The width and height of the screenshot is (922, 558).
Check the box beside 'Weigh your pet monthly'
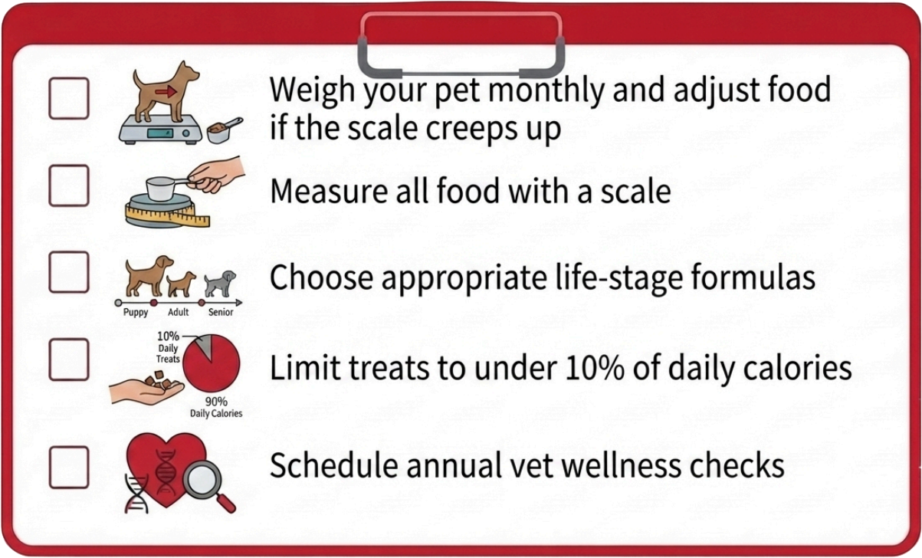[69, 98]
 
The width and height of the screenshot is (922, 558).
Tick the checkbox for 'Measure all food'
[69, 185]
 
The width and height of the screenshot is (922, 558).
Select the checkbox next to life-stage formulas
[69, 272]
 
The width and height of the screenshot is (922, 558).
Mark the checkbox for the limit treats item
[69, 359]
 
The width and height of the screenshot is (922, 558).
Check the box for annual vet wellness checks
[69, 468]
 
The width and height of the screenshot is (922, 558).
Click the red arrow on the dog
[166, 92]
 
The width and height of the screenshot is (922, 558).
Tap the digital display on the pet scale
[160, 133]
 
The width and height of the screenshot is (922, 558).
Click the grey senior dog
[220, 284]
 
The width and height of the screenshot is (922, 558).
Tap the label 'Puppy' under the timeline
[136, 313]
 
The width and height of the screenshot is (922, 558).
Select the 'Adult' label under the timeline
[179, 312]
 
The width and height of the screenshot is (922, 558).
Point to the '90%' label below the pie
[216, 401]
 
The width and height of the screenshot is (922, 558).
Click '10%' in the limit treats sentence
[596, 367]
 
